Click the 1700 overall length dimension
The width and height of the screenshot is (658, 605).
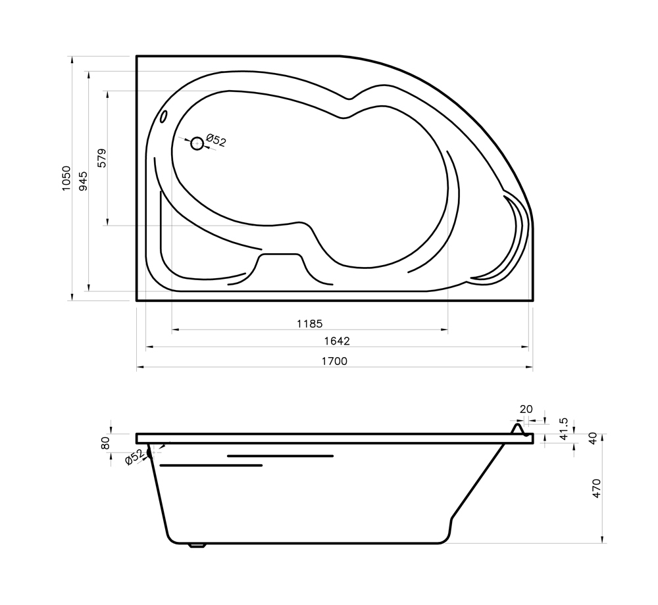point(334,361)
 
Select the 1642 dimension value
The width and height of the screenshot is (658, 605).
point(336,341)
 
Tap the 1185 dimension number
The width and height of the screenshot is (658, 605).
point(310,324)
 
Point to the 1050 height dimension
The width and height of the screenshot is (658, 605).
point(66,179)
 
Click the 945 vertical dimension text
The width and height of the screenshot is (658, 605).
point(83,181)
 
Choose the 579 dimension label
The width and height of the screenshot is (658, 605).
point(102,158)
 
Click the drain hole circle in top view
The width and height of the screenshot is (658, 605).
point(197,144)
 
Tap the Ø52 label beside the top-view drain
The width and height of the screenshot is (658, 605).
point(216,141)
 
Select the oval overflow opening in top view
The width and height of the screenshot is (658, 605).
point(164,116)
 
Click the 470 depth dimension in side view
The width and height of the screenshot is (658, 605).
point(597,488)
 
